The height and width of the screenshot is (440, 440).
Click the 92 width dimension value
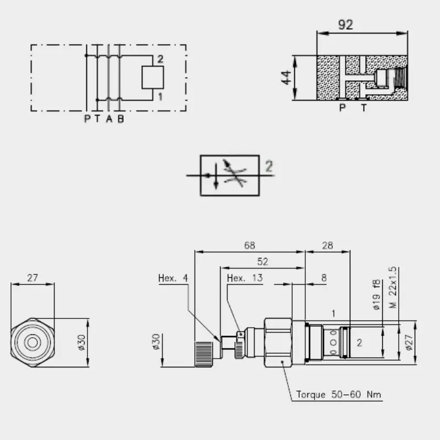coord(345,25)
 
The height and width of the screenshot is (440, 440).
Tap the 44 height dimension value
coord(286,78)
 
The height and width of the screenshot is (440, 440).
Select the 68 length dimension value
coord(250,245)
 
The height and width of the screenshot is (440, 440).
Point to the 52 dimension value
coord(263,262)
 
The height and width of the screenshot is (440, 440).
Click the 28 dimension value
coord(327,245)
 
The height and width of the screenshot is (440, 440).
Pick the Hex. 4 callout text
coord(173,278)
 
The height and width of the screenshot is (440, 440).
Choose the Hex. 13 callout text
coord(245,278)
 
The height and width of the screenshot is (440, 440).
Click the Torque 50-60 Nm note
coord(339,394)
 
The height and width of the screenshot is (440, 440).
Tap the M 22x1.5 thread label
coord(393,287)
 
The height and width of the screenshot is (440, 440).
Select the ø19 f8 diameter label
coord(377,295)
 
